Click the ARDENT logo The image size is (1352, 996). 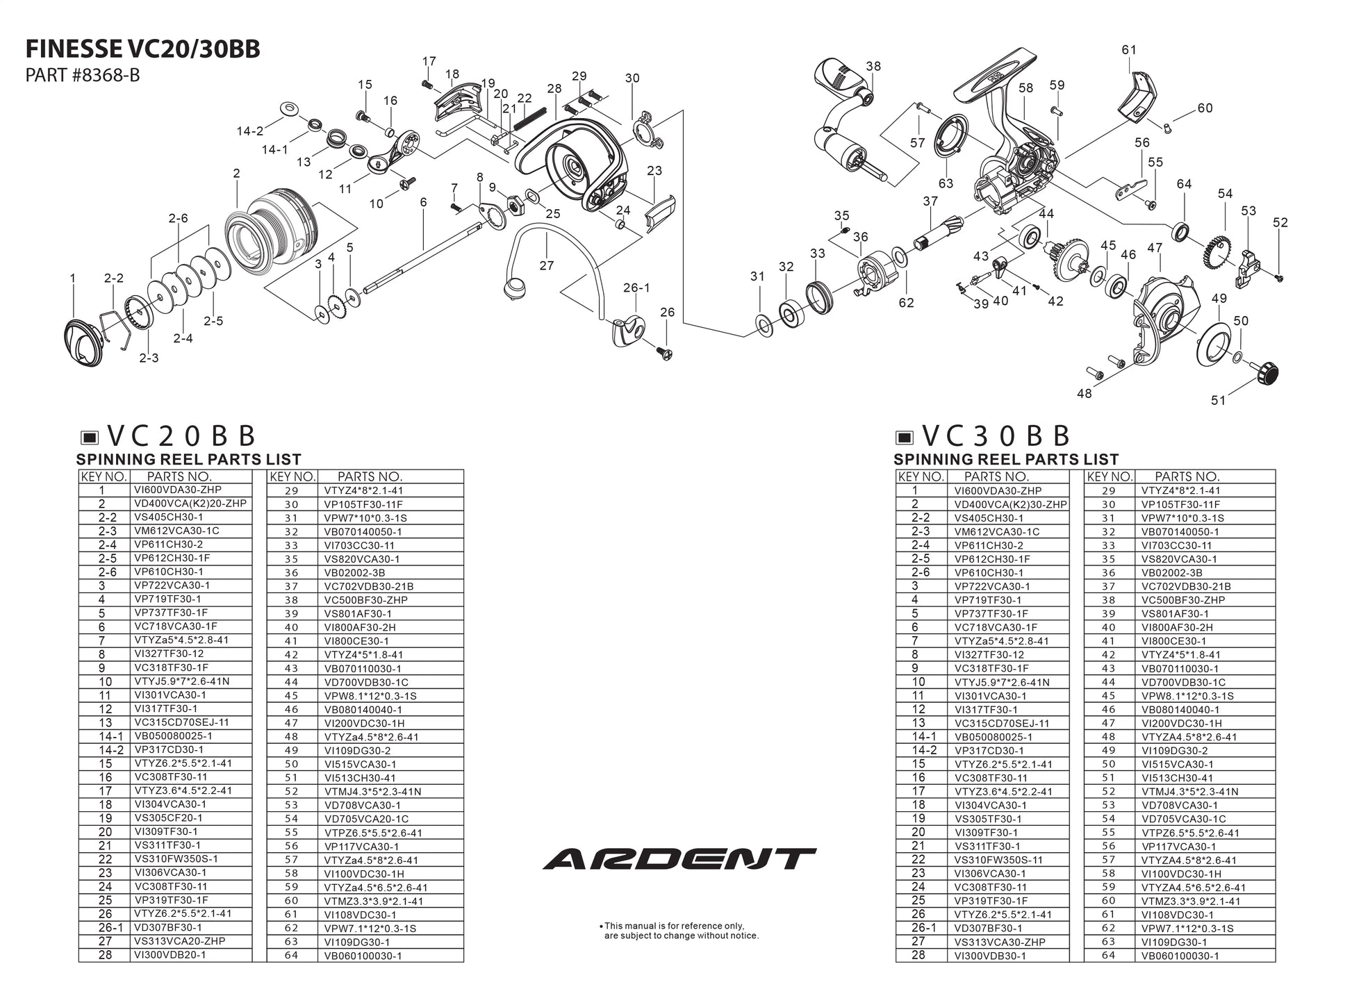point(679,859)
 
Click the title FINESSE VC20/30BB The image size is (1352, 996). point(142,49)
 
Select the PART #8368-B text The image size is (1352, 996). point(82,75)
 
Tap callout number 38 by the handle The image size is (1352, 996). point(873,66)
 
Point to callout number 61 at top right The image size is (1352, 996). point(1129,50)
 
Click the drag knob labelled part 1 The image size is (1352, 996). point(85,341)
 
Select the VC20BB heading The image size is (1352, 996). point(181,436)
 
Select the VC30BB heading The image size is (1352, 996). point(996,436)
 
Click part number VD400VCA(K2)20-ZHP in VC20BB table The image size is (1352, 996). point(190,504)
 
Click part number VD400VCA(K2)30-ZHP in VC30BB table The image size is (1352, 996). point(1011,504)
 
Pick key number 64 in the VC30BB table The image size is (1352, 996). point(1108,955)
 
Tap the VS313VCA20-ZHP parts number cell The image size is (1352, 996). point(180,941)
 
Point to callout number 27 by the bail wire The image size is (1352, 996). point(547,265)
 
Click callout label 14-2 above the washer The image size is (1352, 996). point(250,131)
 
